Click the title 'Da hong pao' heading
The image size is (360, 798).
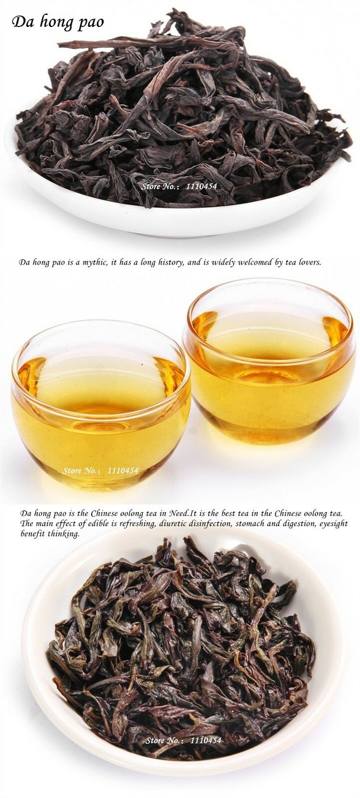pos(58,22)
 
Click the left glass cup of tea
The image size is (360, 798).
pos(101,404)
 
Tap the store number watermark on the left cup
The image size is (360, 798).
pos(100,471)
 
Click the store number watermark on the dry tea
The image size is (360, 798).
pos(179,186)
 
